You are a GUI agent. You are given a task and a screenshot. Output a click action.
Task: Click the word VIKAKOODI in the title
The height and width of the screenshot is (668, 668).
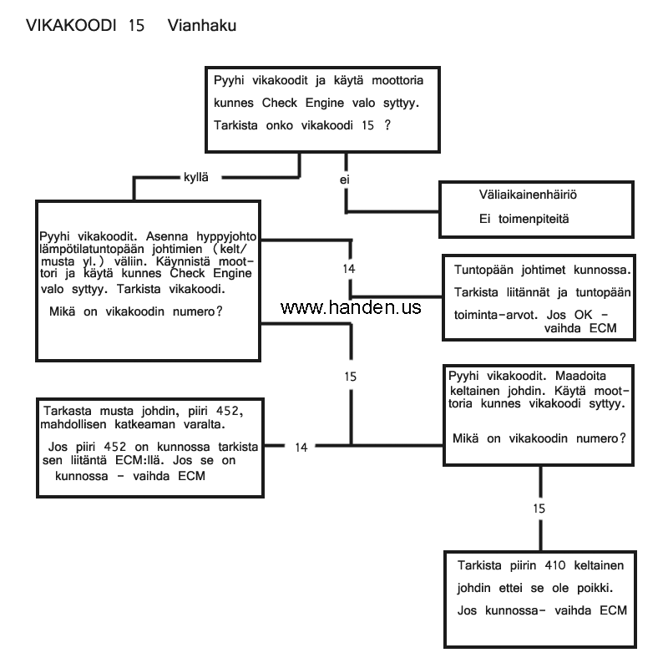71,26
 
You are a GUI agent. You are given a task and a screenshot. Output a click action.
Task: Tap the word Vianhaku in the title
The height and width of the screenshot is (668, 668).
202,26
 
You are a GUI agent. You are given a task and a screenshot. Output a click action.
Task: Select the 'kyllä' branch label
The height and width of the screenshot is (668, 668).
195,177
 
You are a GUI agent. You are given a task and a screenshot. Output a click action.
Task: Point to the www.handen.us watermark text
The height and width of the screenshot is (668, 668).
352,308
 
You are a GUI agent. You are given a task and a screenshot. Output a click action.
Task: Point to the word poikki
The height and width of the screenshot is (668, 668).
605,588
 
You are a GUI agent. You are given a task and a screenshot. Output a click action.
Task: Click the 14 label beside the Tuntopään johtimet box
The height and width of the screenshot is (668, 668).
351,269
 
